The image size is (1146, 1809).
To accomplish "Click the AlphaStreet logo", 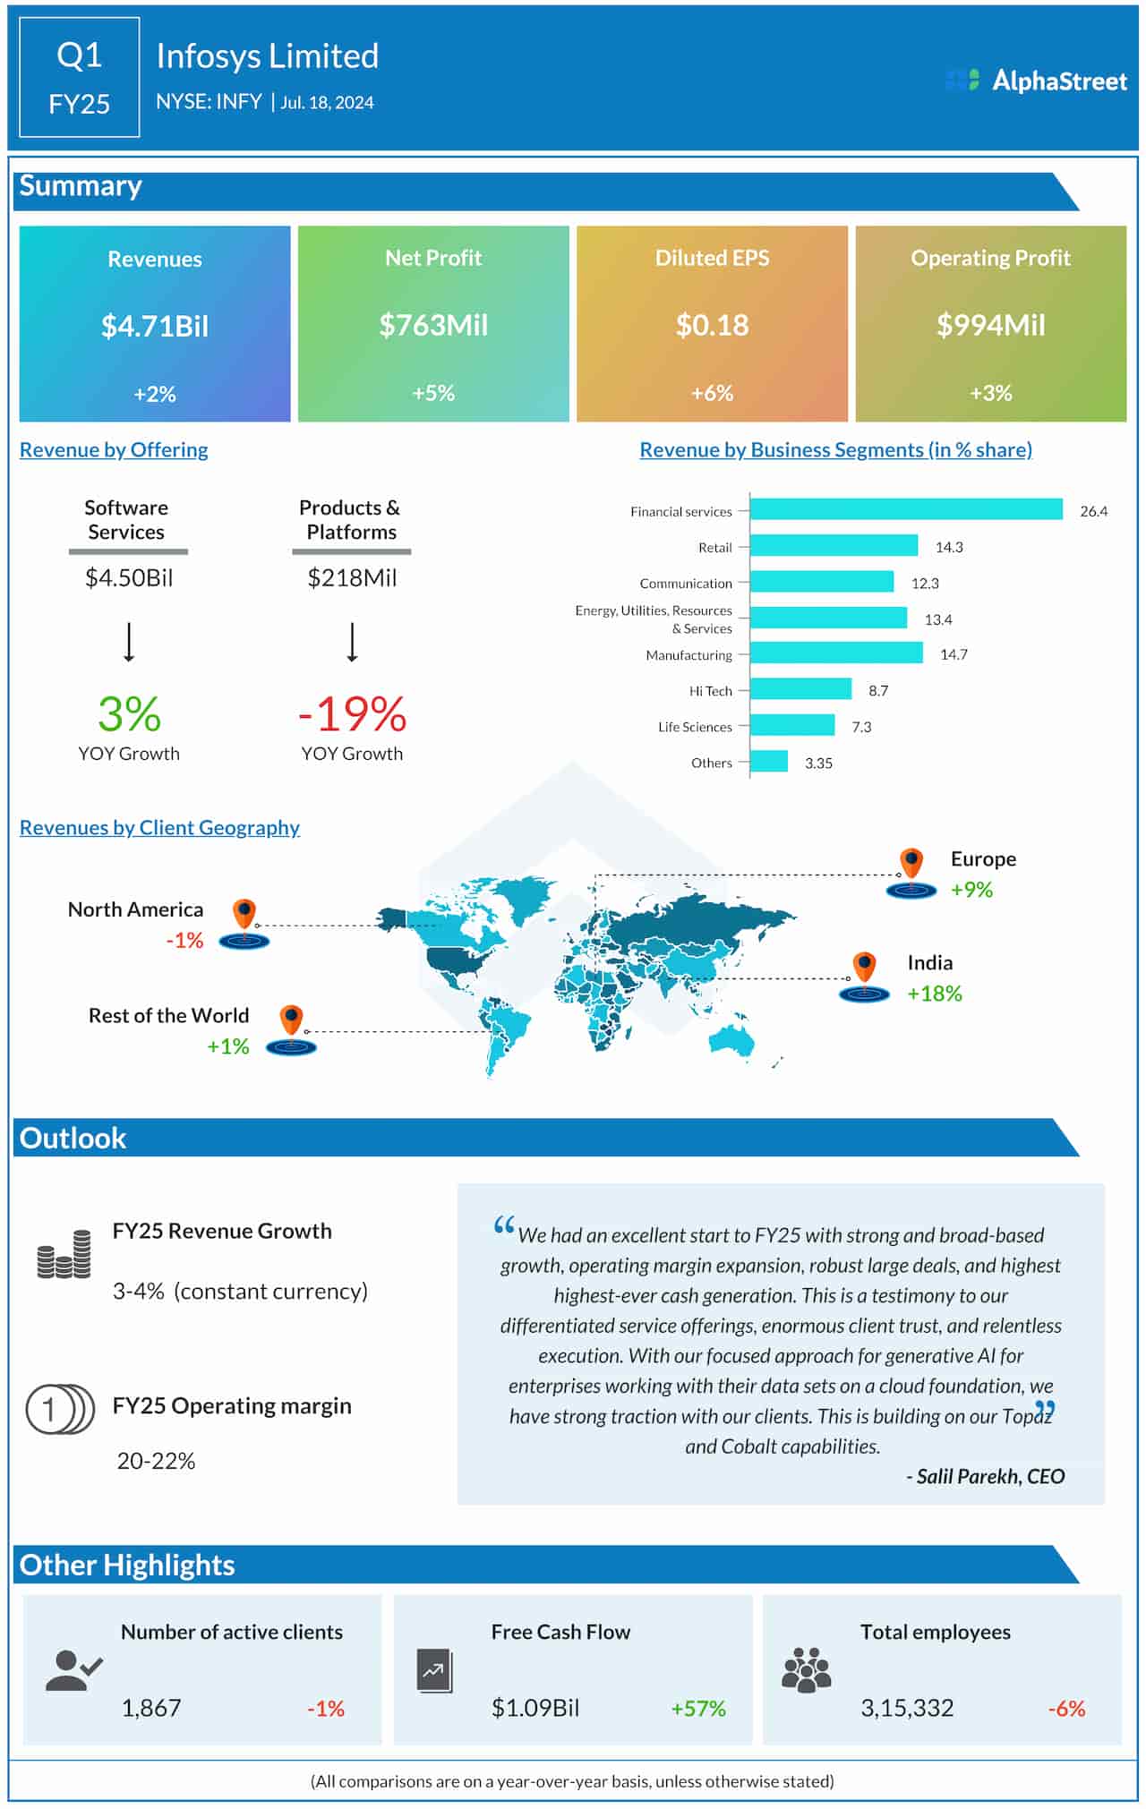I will coord(1036,81).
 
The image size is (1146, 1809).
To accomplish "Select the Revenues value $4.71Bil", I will coord(155,326).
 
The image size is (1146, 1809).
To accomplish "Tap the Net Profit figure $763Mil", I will coord(433,325).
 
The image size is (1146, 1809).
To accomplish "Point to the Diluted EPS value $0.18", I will coord(712,325).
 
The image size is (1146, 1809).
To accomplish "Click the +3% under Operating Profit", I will coord(990,393).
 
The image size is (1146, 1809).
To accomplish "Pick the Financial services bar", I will coord(906,509).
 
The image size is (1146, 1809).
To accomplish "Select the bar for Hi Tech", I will coord(800,688).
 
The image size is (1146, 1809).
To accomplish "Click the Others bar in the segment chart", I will coord(769,761).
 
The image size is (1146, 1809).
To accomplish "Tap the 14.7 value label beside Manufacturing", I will coord(954,654).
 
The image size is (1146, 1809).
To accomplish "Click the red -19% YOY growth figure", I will coord(352,714).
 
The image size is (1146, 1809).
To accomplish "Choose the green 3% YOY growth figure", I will coord(129,714).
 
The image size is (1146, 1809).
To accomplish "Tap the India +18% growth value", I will coord(934,994).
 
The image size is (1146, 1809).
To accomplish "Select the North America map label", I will coord(135,909).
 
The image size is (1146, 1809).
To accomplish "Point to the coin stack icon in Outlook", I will coord(64,1253).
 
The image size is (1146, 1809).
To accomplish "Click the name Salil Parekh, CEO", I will coord(986,1476).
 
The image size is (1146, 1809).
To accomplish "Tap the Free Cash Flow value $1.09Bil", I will coord(535,1708).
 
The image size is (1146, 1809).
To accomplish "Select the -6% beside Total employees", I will coord(1066,1709).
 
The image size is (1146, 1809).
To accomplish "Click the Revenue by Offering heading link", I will coord(114,449).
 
